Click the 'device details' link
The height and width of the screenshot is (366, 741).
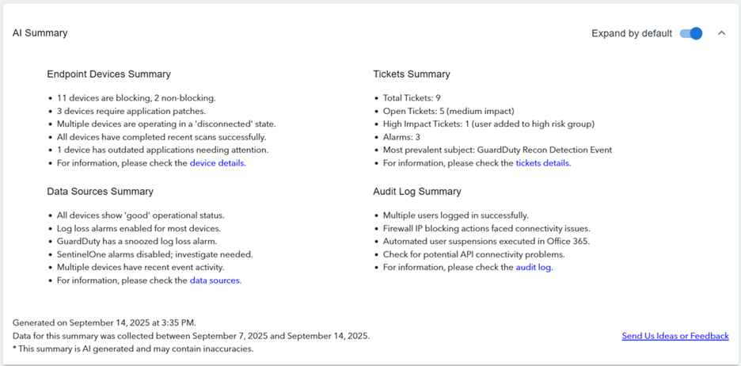click(x=218, y=163)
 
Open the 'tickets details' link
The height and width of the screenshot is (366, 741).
click(x=543, y=163)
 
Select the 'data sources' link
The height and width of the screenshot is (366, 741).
click(x=215, y=280)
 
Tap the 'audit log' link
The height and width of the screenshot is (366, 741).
click(x=534, y=268)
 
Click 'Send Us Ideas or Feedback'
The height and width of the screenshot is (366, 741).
click(x=675, y=336)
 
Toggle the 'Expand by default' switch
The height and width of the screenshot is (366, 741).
click(x=691, y=33)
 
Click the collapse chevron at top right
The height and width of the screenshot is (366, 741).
click(x=721, y=33)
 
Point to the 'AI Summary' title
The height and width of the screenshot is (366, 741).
click(x=40, y=33)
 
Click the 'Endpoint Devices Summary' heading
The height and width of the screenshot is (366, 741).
click(x=108, y=74)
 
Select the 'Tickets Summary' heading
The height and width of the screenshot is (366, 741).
click(x=412, y=74)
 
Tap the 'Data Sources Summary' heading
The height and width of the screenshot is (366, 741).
click(x=101, y=192)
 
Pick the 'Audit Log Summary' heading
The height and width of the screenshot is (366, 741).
click(x=416, y=192)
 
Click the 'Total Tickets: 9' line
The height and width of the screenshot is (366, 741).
click(x=412, y=98)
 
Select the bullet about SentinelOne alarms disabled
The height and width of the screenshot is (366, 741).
click(x=154, y=254)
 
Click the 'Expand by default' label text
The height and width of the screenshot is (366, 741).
click(x=632, y=33)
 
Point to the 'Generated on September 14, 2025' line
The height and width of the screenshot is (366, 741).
click(x=104, y=322)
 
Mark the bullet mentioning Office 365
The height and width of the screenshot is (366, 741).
click(x=486, y=242)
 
